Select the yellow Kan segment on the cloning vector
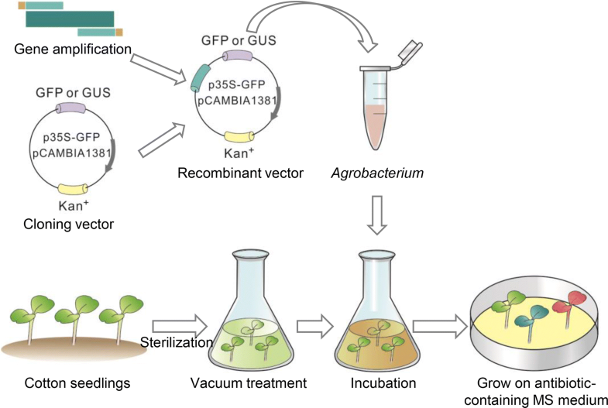73,188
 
